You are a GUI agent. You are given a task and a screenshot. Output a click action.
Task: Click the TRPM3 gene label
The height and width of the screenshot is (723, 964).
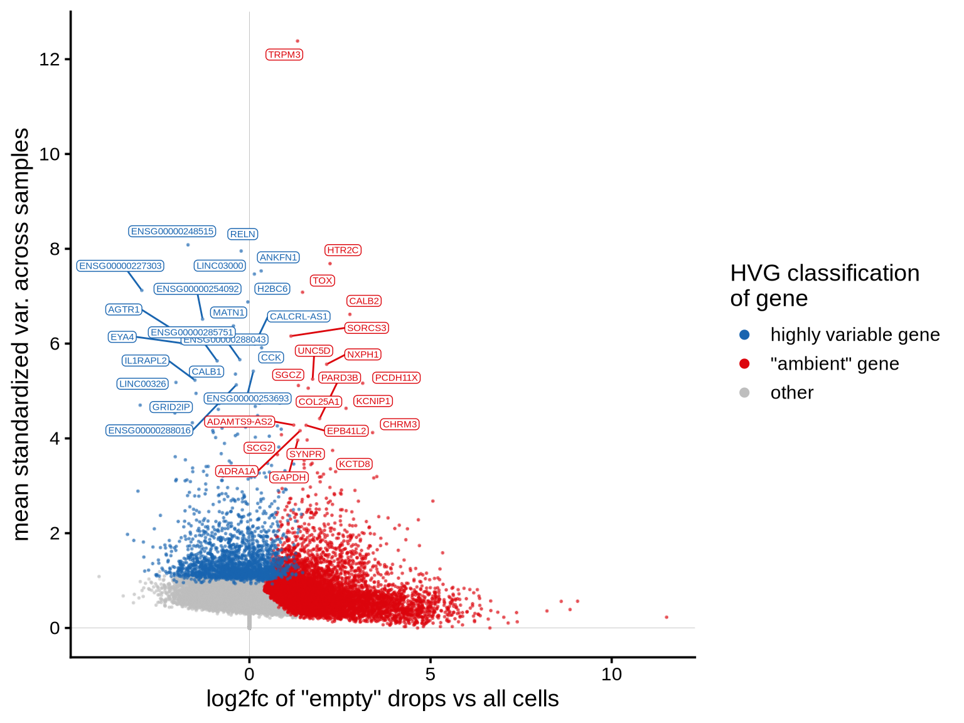pyautogui.click(x=284, y=55)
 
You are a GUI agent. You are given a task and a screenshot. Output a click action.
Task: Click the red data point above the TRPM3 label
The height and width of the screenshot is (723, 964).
pyautogui.click(x=297, y=41)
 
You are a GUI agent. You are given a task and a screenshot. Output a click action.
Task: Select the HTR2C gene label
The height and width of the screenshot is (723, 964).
pyautogui.click(x=343, y=250)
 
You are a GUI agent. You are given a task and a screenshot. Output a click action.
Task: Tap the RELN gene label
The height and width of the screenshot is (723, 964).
pyautogui.click(x=242, y=234)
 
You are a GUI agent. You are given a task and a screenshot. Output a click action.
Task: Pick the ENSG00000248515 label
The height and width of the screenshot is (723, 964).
pyautogui.click(x=172, y=232)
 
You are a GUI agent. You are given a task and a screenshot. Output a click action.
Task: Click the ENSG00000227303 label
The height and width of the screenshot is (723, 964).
pyautogui.click(x=120, y=266)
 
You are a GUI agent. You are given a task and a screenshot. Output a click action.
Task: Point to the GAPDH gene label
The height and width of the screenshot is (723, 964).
pyautogui.click(x=289, y=478)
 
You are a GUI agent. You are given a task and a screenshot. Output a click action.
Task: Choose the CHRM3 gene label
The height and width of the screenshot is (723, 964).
pyautogui.click(x=400, y=424)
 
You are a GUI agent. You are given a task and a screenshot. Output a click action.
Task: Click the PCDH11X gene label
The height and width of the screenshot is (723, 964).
pyautogui.click(x=396, y=378)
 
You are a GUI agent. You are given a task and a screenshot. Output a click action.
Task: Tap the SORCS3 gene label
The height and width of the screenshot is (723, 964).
pyautogui.click(x=367, y=328)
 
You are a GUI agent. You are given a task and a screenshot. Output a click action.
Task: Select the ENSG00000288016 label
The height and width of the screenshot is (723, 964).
pyautogui.click(x=149, y=431)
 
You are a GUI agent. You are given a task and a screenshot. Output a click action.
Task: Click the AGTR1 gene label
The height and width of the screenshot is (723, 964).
pyautogui.click(x=124, y=309)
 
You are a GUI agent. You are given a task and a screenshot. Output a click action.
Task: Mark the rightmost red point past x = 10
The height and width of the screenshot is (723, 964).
pyautogui.click(x=667, y=618)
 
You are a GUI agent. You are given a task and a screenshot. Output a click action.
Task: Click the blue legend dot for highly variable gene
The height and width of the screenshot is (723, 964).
pyautogui.click(x=744, y=335)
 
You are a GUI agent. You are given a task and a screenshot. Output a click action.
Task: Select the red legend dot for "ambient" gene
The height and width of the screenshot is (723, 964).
pyautogui.click(x=744, y=363)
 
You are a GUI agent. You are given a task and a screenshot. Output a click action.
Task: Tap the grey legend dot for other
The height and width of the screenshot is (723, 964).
pyautogui.click(x=744, y=392)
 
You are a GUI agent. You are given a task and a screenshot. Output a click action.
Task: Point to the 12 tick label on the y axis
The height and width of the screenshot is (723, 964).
pyautogui.click(x=50, y=60)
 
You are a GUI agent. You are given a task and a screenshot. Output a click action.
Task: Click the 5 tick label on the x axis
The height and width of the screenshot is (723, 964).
pyautogui.click(x=430, y=675)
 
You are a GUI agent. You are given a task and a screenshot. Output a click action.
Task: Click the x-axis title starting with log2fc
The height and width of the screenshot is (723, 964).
pyautogui.click(x=382, y=699)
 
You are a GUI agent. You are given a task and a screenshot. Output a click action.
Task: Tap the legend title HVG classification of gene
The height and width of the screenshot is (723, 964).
pyautogui.click(x=824, y=286)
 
